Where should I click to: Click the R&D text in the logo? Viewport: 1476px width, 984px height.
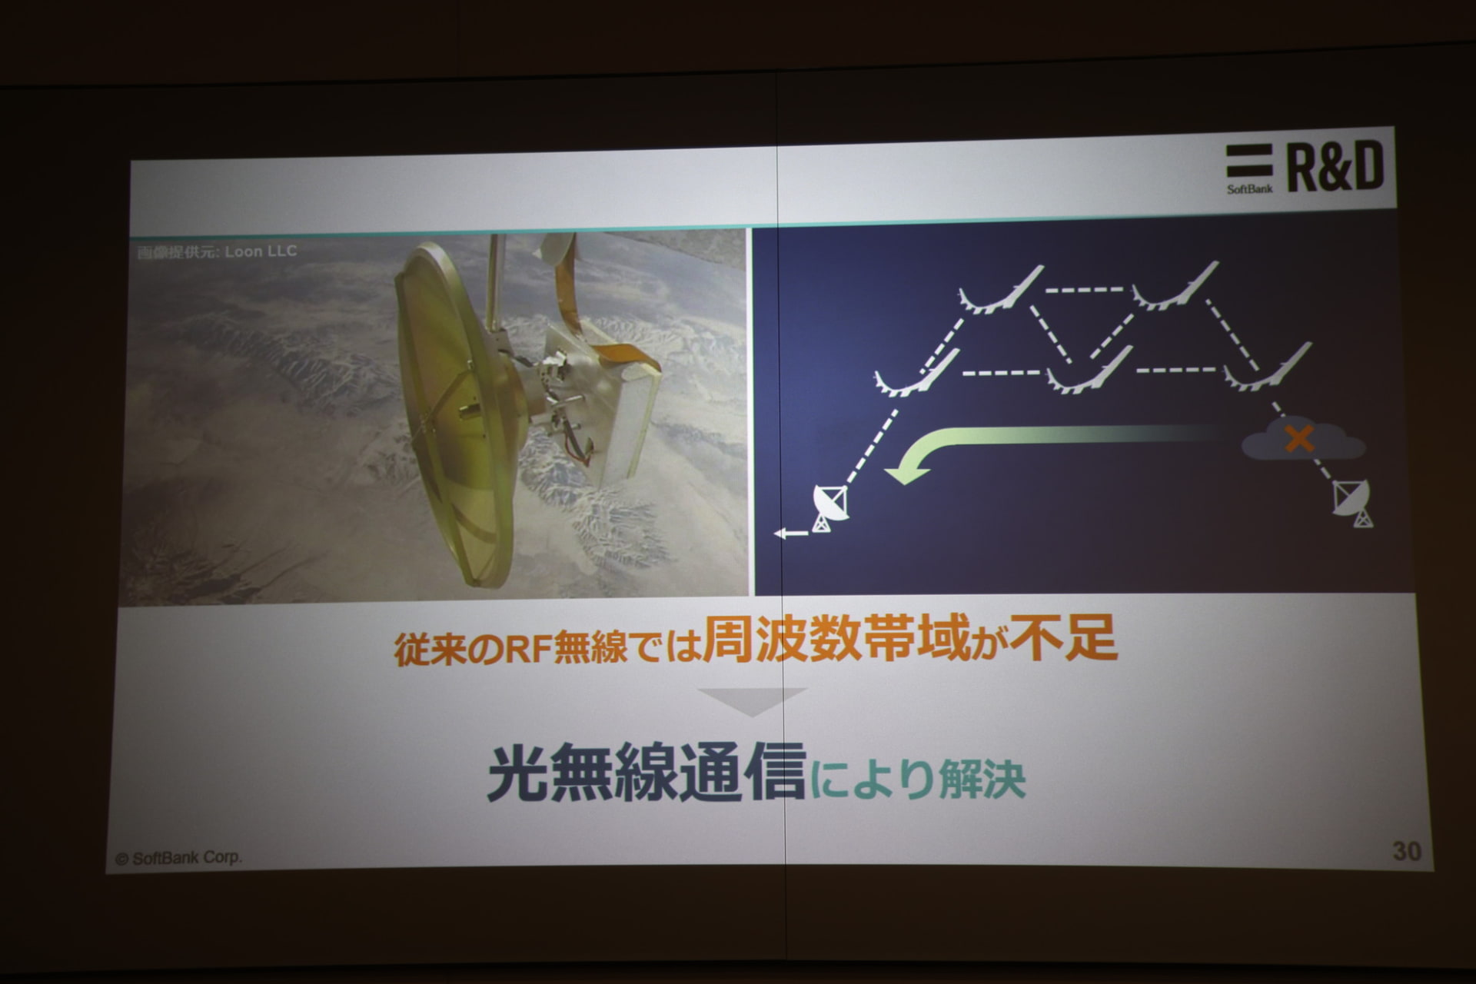1335,167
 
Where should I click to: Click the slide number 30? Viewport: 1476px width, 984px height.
1407,851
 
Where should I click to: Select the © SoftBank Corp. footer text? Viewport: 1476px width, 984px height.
178,858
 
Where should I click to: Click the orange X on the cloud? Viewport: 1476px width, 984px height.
1299,440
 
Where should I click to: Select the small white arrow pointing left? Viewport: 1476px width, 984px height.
791,533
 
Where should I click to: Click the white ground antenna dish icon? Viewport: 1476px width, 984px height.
830,508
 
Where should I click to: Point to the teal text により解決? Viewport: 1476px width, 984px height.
917,779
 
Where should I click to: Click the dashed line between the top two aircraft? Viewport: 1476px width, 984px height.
1085,291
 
